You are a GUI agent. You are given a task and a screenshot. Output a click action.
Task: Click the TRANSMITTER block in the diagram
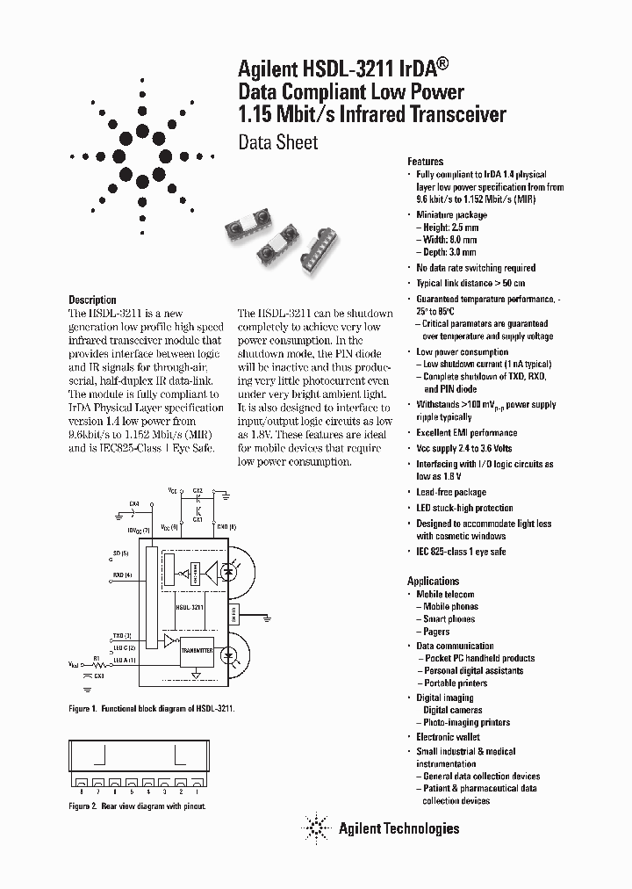[x=196, y=650]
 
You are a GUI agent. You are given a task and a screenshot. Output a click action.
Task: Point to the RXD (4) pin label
[x=122, y=575]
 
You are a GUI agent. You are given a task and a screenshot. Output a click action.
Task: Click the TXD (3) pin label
[x=122, y=635]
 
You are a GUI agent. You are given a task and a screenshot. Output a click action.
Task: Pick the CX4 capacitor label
[x=133, y=503]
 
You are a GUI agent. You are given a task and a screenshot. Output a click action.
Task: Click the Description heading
[x=92, y=300]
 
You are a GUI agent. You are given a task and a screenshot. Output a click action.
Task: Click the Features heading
[x=425, y=162]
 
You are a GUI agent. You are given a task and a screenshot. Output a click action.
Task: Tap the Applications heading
[x=433, y=581]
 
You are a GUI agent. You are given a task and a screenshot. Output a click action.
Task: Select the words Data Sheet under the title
[x=278, y=142]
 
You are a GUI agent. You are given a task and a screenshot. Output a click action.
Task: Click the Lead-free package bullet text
[x=450, y=492]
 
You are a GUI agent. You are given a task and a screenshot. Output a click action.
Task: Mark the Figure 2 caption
[x=136, y=806]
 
